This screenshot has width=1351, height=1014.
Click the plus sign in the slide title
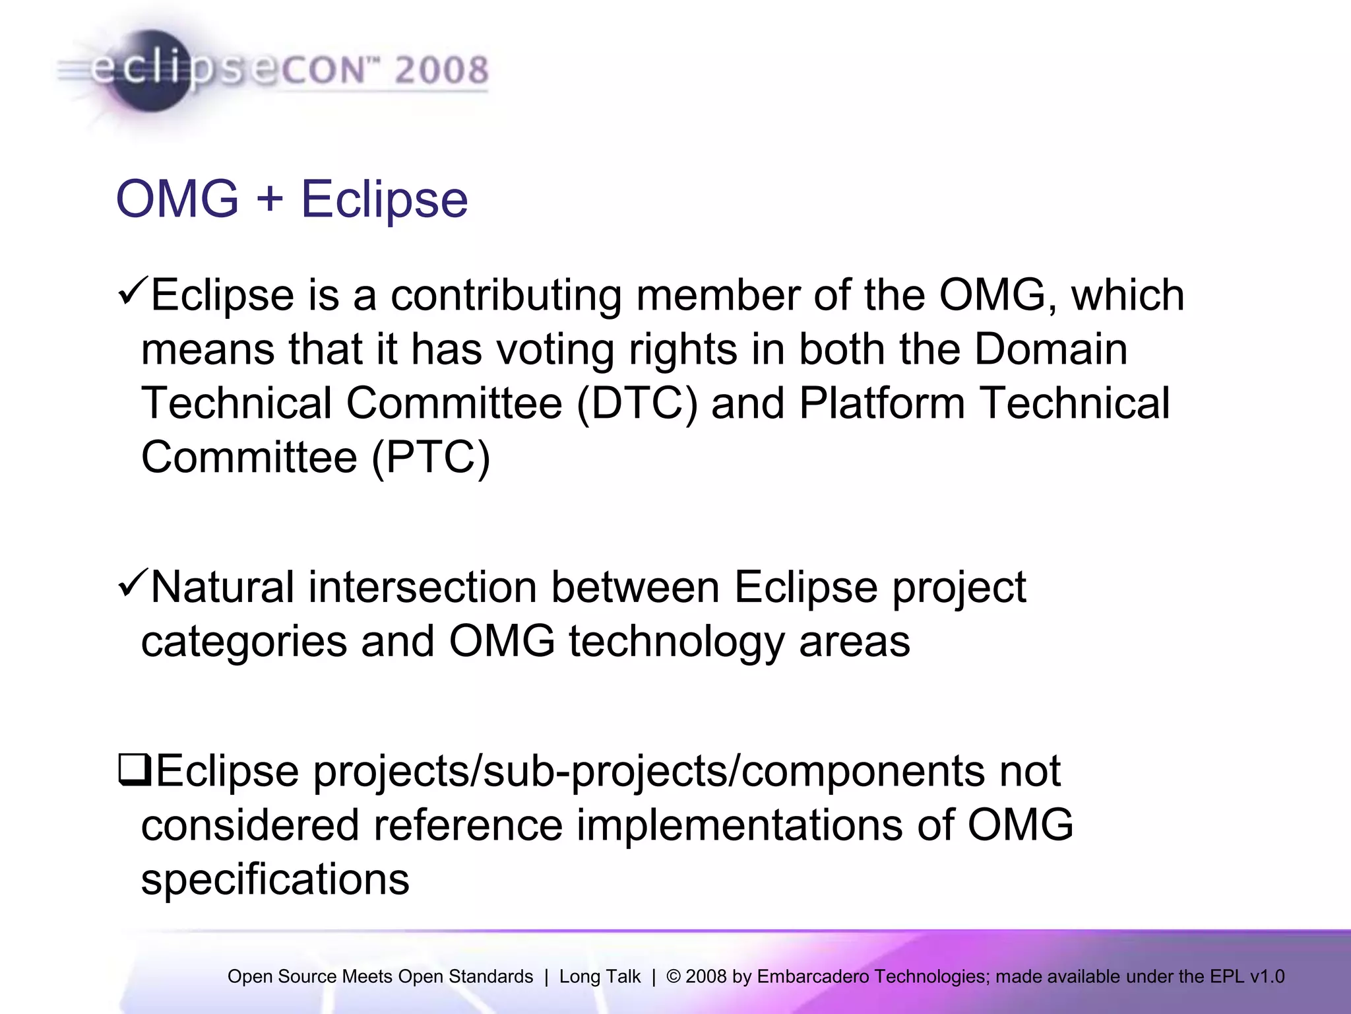pyautogui.click(x=269, y=198)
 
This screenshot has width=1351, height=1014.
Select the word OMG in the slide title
pyautogui.click(x=177, y=198)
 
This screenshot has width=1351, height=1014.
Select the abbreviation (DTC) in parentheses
pyautogui.click(x=637, y=403)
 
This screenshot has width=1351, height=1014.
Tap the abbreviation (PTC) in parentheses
pyautogui.click(x=431, y=457)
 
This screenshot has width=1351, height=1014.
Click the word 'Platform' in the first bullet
pyautogui.click(x=881, y=403)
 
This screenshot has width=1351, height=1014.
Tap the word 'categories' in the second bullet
pyautogui.click(x=244, y=642)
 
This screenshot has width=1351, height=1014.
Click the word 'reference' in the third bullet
pyautogui.click(x=468, y=825)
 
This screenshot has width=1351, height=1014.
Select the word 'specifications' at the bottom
pyautogui.click(x=275, y=879)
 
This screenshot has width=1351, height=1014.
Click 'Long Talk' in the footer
pyautogui.click(x=600, y=976)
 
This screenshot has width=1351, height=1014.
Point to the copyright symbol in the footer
pyautogui.click(x=674, y=976)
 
